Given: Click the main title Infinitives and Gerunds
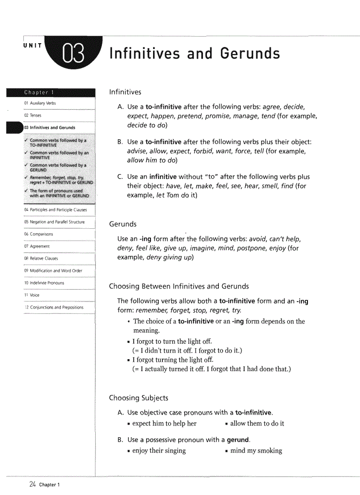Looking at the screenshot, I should click(x=195, y=54).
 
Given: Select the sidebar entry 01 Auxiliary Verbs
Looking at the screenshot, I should click(x=40, y=103).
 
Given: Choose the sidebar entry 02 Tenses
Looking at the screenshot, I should click(x=33, y=115).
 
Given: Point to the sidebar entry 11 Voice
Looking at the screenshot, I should click(x=32, y=295).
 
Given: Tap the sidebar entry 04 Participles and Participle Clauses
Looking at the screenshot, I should click(x=55, y=210).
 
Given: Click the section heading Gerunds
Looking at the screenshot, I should click(x=123, y=224).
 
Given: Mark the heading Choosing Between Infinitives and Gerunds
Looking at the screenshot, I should click(x=179, y=287).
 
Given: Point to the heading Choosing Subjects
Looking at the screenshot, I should click(x=139, y=398).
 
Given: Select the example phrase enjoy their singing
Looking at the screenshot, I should click(x=159, y=450).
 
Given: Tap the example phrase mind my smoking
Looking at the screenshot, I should click(x=256, y=450).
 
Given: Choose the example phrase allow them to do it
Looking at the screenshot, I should click(x=257, y=424).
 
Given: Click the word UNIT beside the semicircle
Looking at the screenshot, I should click(x=33, y=45).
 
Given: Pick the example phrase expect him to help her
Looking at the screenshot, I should click(x=164, y=424).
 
